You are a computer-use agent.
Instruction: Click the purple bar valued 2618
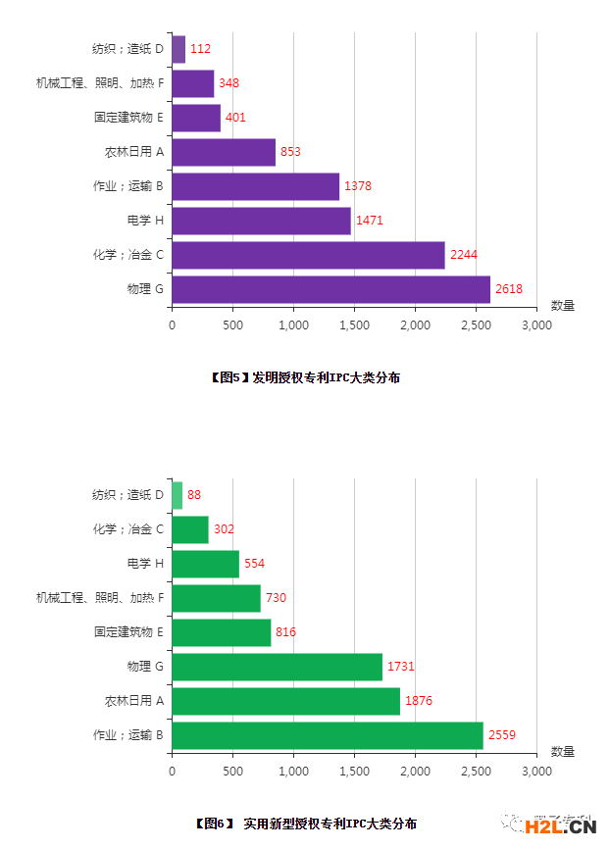[330, 289]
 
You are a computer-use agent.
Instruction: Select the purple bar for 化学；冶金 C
[308, 255]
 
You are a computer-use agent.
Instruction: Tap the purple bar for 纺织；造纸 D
[178, 49]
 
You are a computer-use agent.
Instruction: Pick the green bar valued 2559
[328, 735]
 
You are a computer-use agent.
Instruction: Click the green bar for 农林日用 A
[285, 701]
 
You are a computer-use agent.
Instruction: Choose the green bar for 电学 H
[205, 564]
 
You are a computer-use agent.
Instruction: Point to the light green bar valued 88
[177, 495]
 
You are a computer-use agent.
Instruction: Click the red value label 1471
[370, 221]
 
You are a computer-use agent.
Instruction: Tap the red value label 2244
[463, 255]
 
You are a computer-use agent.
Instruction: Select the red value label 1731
[400, 667]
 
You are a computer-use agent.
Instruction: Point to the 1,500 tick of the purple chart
[354, 325]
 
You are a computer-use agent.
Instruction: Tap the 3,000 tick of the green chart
[536, 772]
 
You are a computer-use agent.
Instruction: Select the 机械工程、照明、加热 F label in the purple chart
[99, 83]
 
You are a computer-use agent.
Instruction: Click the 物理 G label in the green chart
[145, 667]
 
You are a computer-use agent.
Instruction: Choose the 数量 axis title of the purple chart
[563, 306]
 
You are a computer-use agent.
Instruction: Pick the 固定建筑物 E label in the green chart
[128, 632]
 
